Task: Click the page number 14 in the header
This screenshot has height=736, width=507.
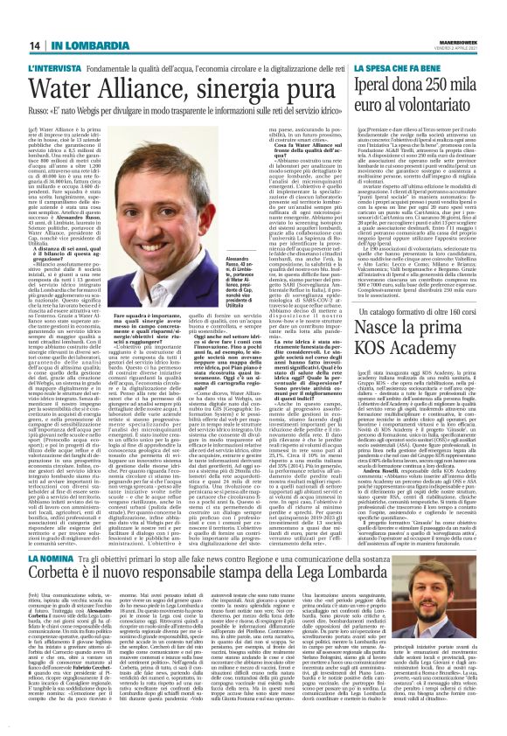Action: tap(36, 45)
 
